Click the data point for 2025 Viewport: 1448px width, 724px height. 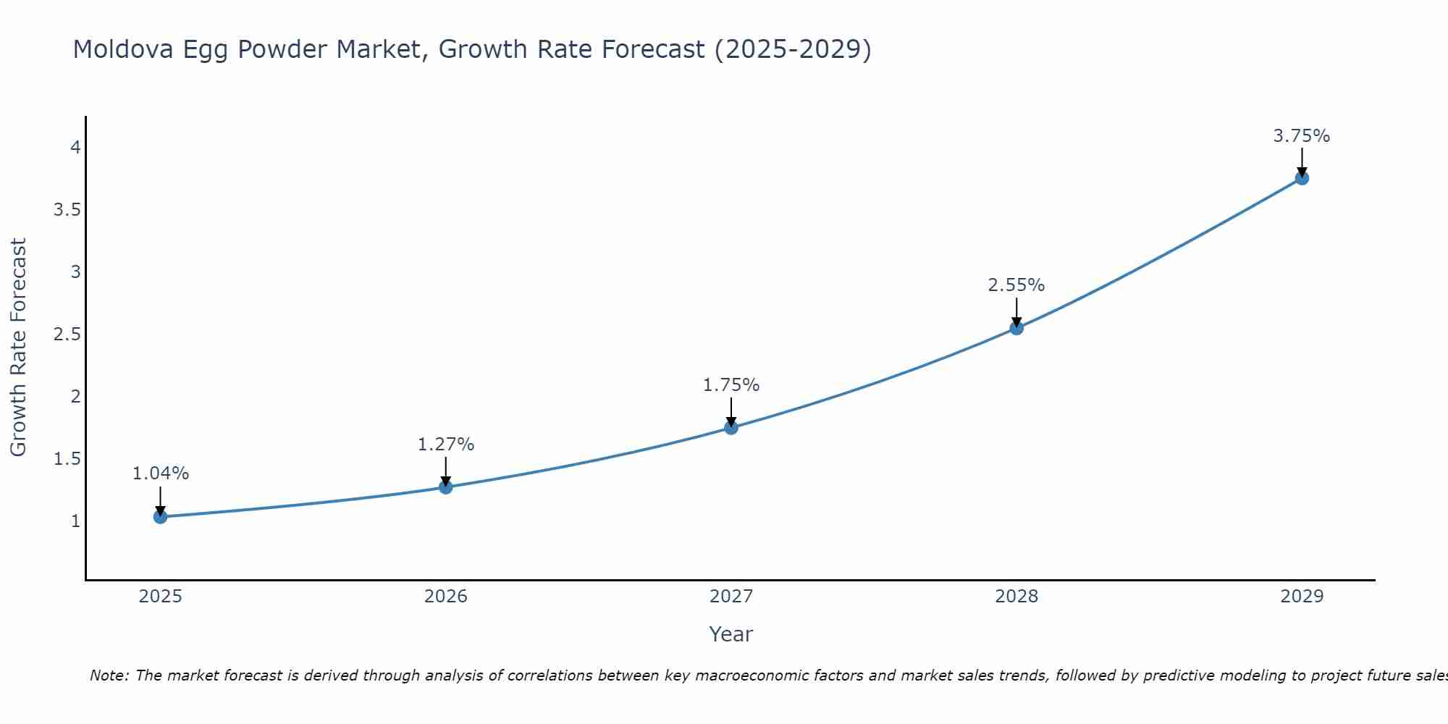[161, 517]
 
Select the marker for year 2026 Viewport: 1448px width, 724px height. [446, 487]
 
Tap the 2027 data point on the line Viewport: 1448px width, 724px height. [731, 428]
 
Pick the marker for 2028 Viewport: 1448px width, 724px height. [1016, 328]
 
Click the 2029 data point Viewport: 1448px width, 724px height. [1302, 178]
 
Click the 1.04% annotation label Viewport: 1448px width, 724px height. [161, 473]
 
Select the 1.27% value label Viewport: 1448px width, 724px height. [446, 445]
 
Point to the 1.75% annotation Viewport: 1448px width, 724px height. [731, 385]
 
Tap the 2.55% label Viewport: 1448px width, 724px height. [1016, 285]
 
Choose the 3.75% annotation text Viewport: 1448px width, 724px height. [1302, 136]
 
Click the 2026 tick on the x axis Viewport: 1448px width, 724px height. [446, 597]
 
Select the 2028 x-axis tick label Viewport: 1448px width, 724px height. [1016, 597]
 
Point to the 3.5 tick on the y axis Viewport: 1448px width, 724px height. [67, 210]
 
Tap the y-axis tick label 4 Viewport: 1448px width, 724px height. [75, 148]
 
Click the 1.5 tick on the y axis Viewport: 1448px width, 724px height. [67, 459]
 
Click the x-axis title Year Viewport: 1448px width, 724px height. [731, 634]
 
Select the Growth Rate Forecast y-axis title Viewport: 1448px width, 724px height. [18, 348]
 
